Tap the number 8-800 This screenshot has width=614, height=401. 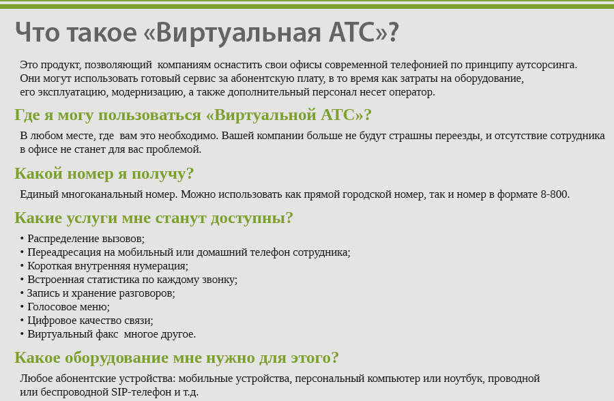coord(555,194)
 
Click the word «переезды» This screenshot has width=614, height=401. coord(458,136)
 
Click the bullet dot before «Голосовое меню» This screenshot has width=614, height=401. coord(22,307)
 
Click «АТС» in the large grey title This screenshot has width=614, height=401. coord(351,32)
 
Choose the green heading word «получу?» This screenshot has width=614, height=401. coord(162,174)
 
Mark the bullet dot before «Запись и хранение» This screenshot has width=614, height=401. coord(22,293)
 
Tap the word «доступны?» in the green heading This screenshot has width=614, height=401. coord(252,218)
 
